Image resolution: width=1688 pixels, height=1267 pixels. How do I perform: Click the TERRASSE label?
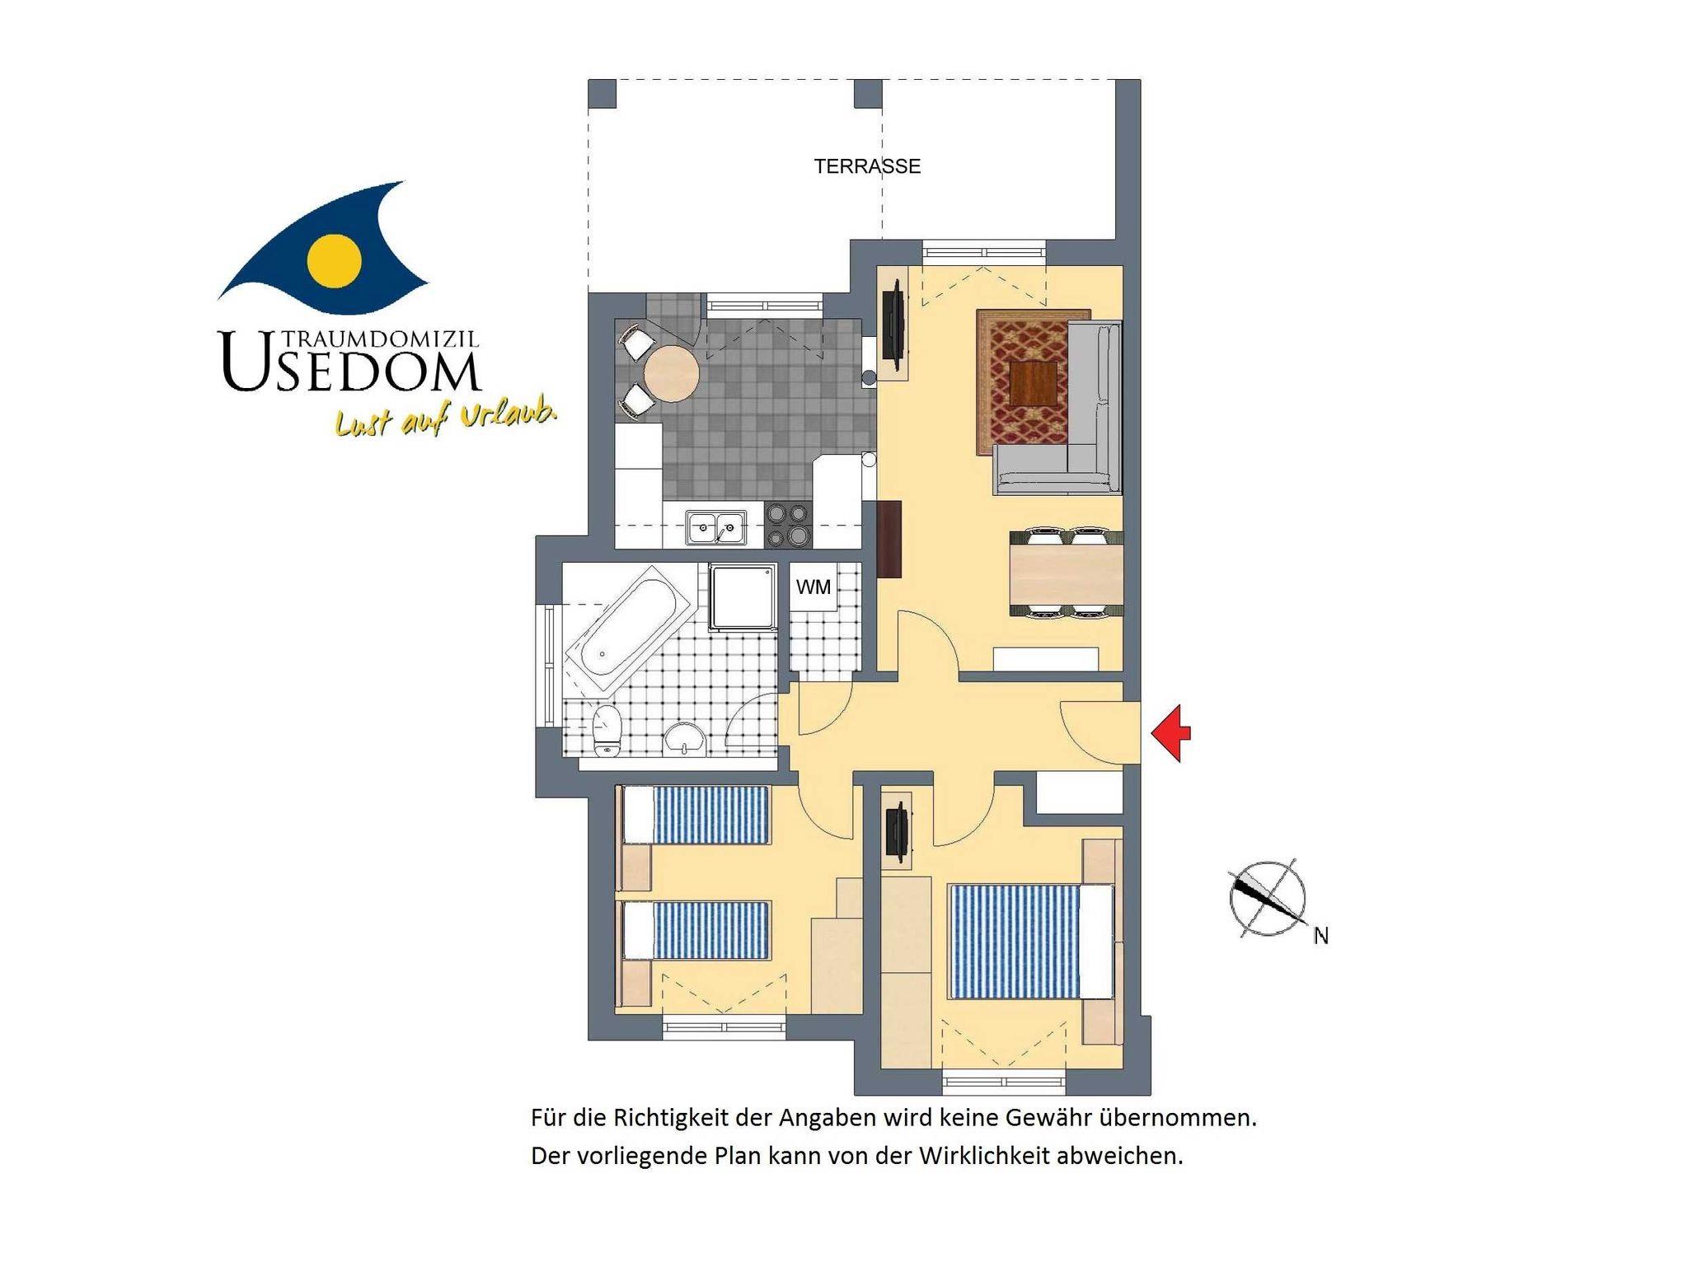pyautogui.click(x=867, y=166)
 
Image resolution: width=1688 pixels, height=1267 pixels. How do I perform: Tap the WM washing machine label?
pyautogui.click(x=813, y=587)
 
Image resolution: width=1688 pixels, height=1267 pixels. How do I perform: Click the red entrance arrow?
pyautogui.click(x=1170, y=733)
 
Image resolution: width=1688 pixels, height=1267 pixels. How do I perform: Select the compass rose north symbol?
pyautogui.click(x=1268, y=900)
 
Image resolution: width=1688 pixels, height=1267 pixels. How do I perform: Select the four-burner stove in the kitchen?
pyautogui.click(x=788, y=526)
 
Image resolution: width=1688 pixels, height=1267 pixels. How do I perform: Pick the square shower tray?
pyautogui.click(x=743, y=597)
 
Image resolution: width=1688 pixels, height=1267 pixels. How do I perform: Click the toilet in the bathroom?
pyautogui.click(x=607, y=728)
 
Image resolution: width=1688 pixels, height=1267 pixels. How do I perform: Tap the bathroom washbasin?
pyautogui.click(x=684, y=739)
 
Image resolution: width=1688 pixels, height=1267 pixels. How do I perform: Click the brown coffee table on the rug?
pyautogui.click(x=1034, y=383)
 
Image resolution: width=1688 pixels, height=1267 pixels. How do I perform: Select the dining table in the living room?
pyautogui.click(x=1067, y=572)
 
